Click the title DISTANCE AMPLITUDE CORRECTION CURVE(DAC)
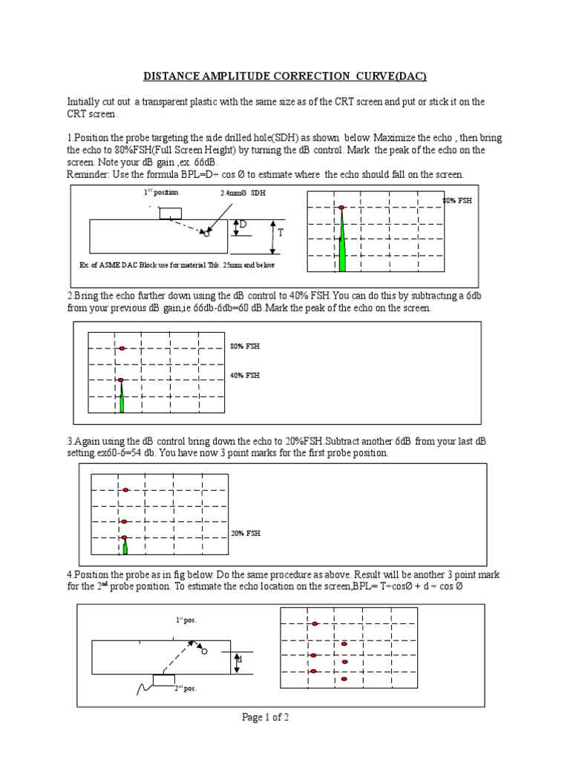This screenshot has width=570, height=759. (285, 76)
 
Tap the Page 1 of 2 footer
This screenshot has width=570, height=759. (270, 717)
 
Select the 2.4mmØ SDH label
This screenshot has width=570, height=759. (242, 193)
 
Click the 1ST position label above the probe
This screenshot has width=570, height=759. (161, 192)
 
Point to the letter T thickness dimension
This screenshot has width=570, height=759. (281, 233)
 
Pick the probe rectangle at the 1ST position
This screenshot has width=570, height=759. (170, 213)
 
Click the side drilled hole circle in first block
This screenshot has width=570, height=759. (206, 234)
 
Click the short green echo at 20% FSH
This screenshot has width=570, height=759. (125, 546)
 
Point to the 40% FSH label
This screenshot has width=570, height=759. (245, 376)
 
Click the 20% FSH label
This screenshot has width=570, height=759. (246, 533)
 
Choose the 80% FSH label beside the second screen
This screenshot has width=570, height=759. (245, 346)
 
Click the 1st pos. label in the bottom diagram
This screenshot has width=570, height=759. (186, 620)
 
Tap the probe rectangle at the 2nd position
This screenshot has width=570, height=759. (164, 680)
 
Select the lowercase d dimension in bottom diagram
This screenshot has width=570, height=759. (240, 659)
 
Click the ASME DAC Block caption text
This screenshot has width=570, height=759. (181, 265)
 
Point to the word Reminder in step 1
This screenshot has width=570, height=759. (88, 174)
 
